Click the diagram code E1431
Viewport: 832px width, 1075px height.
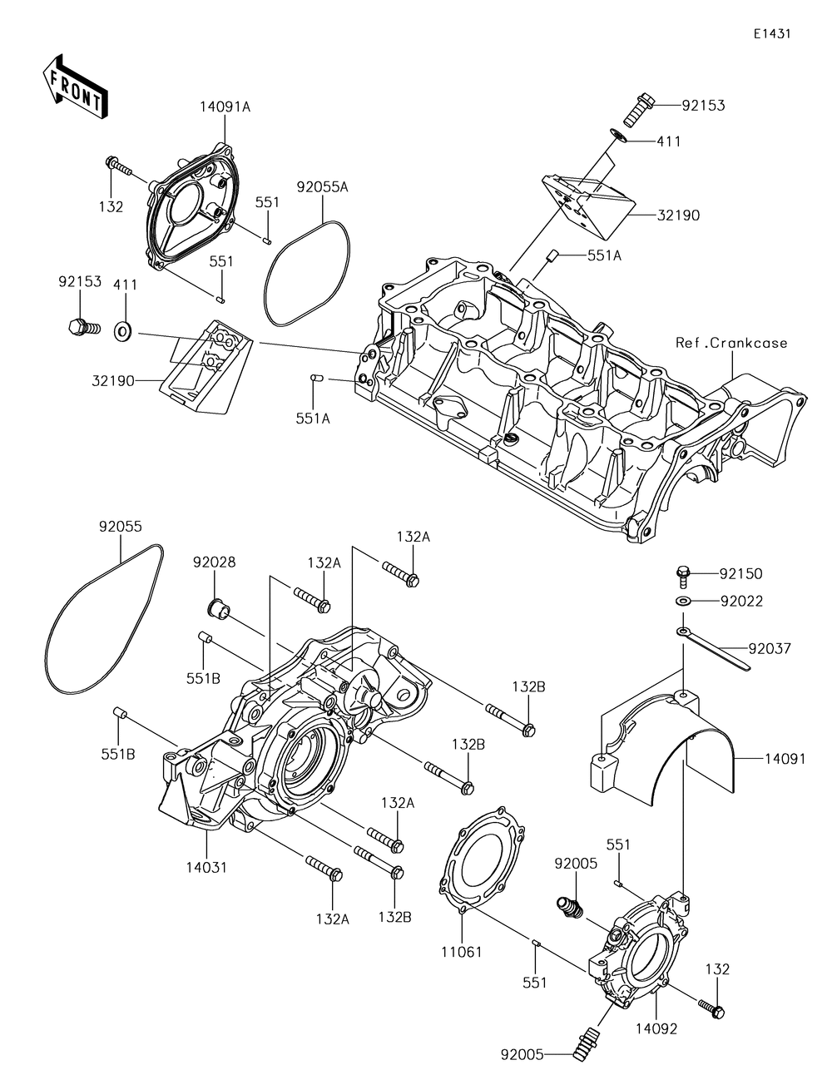coord(772,33)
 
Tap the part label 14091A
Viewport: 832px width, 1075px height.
coord(225,107)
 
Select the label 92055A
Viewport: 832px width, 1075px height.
coord(323,187)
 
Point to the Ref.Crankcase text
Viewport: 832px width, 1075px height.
coord(731,343)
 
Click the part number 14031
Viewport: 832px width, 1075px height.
coord(206,867)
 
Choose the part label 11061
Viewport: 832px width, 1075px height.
coord(462,952)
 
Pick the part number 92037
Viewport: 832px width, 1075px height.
coord(770,648)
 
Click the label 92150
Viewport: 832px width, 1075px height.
coord(741,574)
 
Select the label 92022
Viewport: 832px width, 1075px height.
coord(741,601)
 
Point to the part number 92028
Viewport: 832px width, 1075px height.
coord(214,562)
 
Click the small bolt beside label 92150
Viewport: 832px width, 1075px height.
coord(683,576)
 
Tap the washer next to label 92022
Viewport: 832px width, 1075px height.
coord(683,601)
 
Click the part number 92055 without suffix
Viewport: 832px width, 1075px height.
coord(120,527)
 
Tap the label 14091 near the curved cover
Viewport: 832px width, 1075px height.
coord(785,758)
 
